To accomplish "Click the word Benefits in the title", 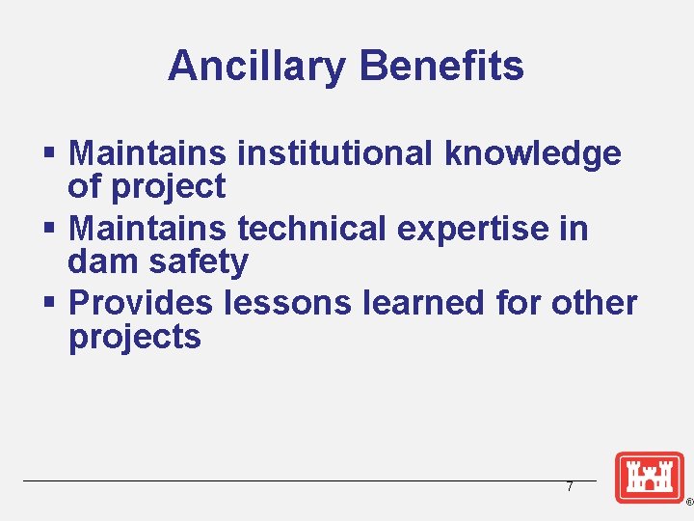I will (441, 67).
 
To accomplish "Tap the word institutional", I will (335, 152).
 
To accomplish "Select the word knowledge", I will (533, 153).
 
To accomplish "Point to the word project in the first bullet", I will (169, 187).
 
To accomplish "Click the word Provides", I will (141, 303).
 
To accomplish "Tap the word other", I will (595, 303).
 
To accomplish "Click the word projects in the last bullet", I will (135, 338).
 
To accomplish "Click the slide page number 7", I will (570, 487).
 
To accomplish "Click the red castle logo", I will (649, 477).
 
